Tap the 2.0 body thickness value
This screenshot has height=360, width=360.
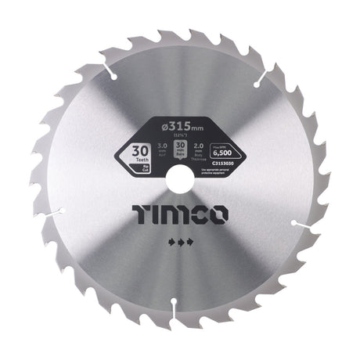200,146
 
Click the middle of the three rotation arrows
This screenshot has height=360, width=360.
180,243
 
